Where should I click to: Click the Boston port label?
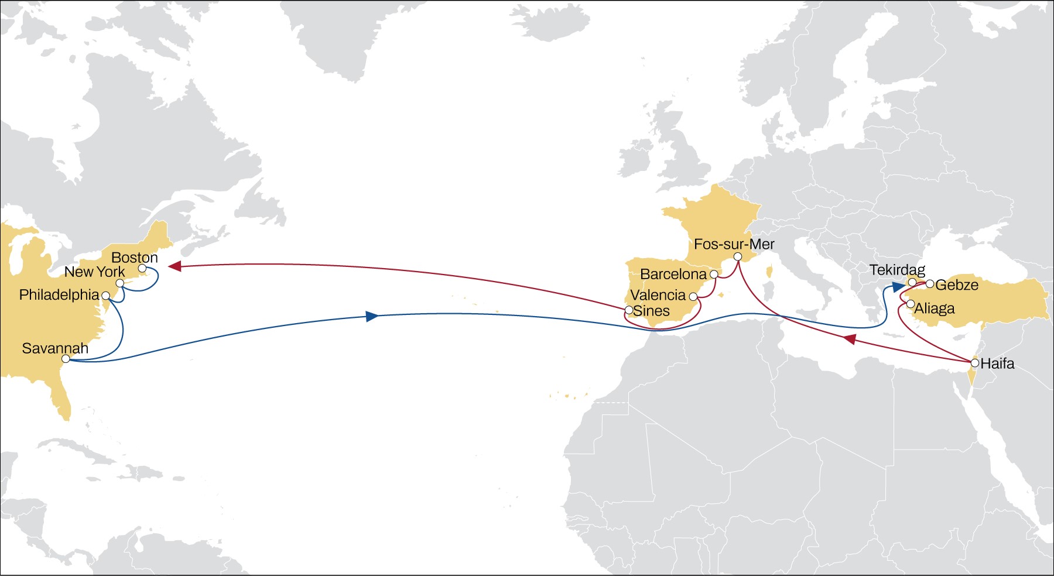tap(135, 258)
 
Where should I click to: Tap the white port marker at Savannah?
tap(66, 358)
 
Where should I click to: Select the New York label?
tap(94, 272)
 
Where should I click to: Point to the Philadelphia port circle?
tap(106, 296)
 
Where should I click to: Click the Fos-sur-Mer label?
tap(734, 244)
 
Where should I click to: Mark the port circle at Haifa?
tap(974, 363)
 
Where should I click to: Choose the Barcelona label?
tap(673, 274)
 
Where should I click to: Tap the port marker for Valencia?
tap(693, 297)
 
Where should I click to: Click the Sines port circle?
tap(629, 310)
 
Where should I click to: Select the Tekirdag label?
tap(897, 270)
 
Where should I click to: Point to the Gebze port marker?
tap(930, 284)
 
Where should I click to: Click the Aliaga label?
tap(935, 308)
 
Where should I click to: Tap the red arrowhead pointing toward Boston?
tap(174, 266)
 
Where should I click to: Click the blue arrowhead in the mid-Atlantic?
tap(371, 317)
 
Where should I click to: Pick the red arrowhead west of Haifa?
tap(850, 340)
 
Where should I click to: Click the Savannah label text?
tap(55, 348)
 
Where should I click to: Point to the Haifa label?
tap(997, 364)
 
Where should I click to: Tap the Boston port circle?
tap(142, 268)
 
